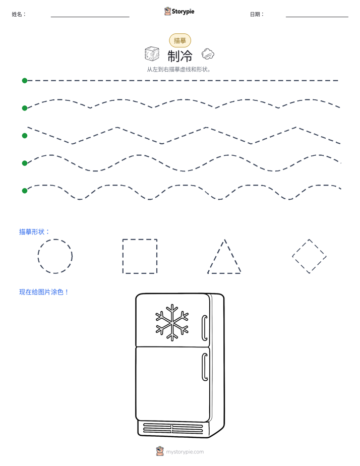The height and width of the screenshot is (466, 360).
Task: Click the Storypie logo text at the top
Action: click(x=183, y=12)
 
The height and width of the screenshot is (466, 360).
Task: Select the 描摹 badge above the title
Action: click(x=180, y=40)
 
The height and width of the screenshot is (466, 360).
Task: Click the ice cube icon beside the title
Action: click(x=152, y=54)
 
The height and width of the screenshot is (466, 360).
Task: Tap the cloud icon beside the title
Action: click(x=208, y=54)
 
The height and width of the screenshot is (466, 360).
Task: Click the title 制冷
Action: click(x=180, y=55)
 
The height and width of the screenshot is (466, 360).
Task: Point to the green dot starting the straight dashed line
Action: click(x=25, y=81)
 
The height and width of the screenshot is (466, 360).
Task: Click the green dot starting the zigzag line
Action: click(x=25, y=136)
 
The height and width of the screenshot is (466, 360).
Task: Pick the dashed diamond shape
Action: click(x=301, y=248)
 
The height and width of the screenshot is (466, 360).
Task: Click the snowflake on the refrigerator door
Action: click(x=172, y=322)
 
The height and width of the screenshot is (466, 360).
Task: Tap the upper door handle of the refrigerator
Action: click(x=204, y=327)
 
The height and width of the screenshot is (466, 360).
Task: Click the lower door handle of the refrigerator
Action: click(x=204, y=367)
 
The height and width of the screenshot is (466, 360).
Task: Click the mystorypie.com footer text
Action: click(x=185, y=452)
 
